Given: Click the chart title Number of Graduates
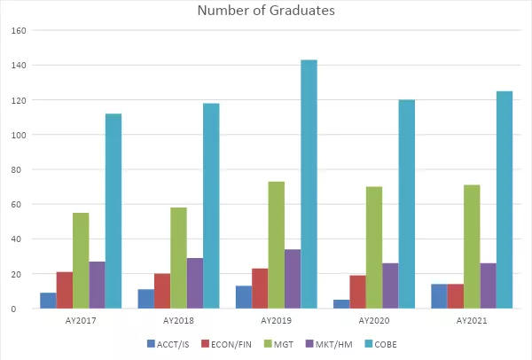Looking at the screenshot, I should (265, 11).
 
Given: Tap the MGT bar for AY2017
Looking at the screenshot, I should (81, 261).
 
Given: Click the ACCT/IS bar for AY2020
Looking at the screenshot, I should (341, 304).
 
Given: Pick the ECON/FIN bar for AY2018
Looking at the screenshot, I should (162, 291).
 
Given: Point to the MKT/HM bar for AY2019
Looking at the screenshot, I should (293, 278).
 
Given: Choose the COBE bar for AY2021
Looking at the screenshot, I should (504, 200).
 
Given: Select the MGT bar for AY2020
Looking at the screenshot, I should (373, 247).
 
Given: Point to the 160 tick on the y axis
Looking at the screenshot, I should (19, 30).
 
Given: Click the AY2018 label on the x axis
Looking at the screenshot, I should (178, 319).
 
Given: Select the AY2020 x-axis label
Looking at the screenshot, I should (373, 319).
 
